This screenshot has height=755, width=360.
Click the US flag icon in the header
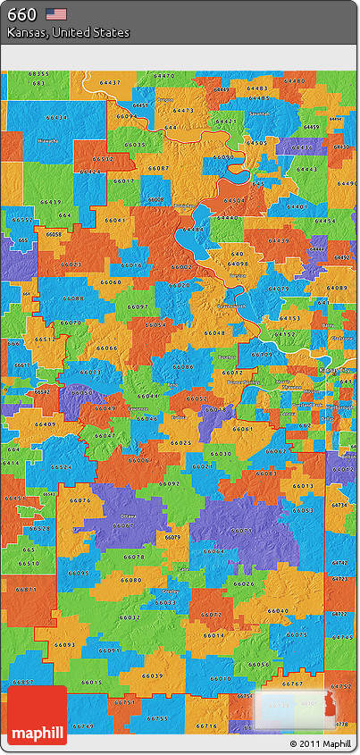click(56, 13)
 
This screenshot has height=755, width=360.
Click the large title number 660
click(22, 13)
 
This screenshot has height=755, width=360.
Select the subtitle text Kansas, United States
click(68, 32)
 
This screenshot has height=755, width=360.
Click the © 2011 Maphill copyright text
click(320, 743)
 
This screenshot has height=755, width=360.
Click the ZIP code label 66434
click(55, 117)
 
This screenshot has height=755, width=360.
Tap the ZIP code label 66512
click(103, 158)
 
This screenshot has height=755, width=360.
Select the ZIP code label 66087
click(158, 168)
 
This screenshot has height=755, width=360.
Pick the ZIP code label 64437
click(110, 82)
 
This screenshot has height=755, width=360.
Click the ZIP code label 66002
click(182, 266)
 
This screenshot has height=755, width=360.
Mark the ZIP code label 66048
click(215, 331)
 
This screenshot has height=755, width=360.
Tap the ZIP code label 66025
click(181, 442)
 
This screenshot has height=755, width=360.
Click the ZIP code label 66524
click(62, 466)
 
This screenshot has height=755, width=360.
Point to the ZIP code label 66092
click(169, 482)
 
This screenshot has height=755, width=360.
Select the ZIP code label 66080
click(131, 580)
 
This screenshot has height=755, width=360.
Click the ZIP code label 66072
click(212, 614)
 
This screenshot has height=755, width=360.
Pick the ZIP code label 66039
click(153, 675)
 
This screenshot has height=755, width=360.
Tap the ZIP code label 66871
click(27, 589)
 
